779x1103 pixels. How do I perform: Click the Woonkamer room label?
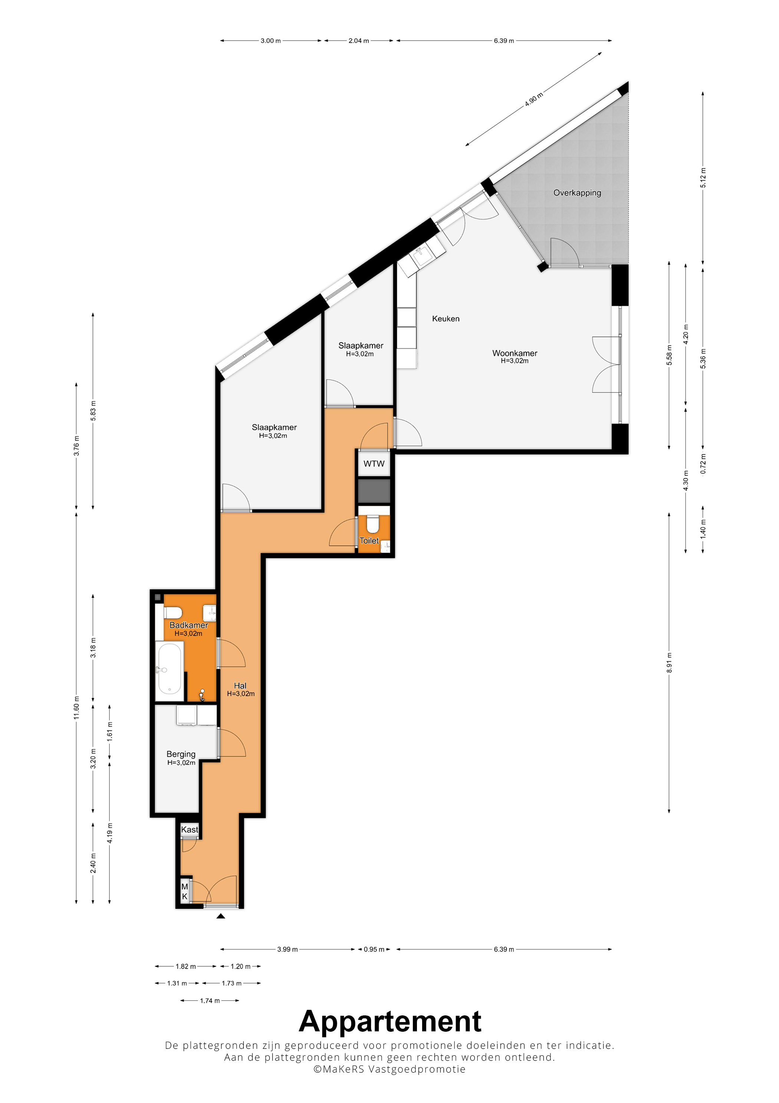point(515,353)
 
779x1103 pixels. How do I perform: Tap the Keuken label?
point(446,319)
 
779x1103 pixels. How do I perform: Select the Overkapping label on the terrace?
point(577,193)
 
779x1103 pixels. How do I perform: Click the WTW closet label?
point(374,464)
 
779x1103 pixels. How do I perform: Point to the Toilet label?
point(369,541)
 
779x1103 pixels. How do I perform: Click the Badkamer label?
point(189,625)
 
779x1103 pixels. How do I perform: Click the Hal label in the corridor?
point(240,686)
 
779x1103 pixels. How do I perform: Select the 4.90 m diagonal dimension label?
point(534,99)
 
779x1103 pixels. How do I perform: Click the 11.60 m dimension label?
point(76,708)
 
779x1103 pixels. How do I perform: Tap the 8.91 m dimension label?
point(669,662)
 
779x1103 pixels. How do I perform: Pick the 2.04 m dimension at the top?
point(359,41)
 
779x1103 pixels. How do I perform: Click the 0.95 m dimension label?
point(374,949)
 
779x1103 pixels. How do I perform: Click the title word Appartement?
point(390,1021)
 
